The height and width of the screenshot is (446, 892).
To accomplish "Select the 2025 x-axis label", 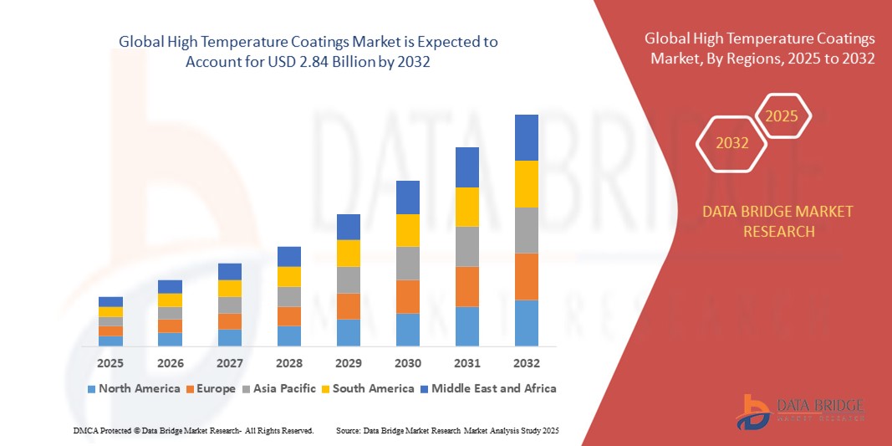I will pyautogui.click(x=110, y=364).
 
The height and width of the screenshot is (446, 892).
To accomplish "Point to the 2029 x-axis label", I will pyautogui.click(x=348, y=364).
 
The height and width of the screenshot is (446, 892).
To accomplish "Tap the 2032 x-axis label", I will pyautogui.click(x=527, y=364).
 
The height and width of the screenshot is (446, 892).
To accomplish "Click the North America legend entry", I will pyautogui.click(x=133, y=388).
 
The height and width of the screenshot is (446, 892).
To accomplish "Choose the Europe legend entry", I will pyautogui.click(x=211, y=388).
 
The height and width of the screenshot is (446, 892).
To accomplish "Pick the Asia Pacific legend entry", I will pyautogui.click(x=280, y=388).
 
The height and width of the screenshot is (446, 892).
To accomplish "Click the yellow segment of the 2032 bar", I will pyautogui.click(x=527, y=183).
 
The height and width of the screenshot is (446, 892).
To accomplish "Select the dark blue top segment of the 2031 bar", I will pyautogui.click(x=467, y=167).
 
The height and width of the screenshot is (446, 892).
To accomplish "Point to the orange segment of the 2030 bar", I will pyautogui.click(x=407, y=296).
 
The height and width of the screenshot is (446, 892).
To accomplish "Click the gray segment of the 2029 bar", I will pyautogui.click(x=348, y=279).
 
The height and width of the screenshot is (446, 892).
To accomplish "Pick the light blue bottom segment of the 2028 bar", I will pyautogui.click(x=288, y=336).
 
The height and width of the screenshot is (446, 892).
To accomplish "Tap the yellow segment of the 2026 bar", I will pyautogui.click(x=170, y=300).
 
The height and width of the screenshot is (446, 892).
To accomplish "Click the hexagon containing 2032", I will pyautogui.click(x=731, y=143).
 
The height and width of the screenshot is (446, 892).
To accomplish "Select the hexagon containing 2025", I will pyautogui.click(x=782, y=116).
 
